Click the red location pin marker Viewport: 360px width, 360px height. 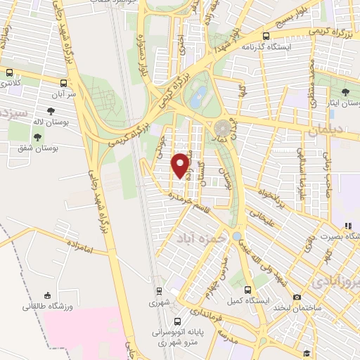[181, 165]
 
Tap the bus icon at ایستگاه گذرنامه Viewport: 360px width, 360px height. [266, 37]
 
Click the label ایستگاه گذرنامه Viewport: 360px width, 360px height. [266, 47]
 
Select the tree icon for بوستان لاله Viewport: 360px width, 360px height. [51, 111]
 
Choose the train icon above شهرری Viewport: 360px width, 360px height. [159, 290]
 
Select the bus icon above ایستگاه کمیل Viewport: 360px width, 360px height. [246, 290]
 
